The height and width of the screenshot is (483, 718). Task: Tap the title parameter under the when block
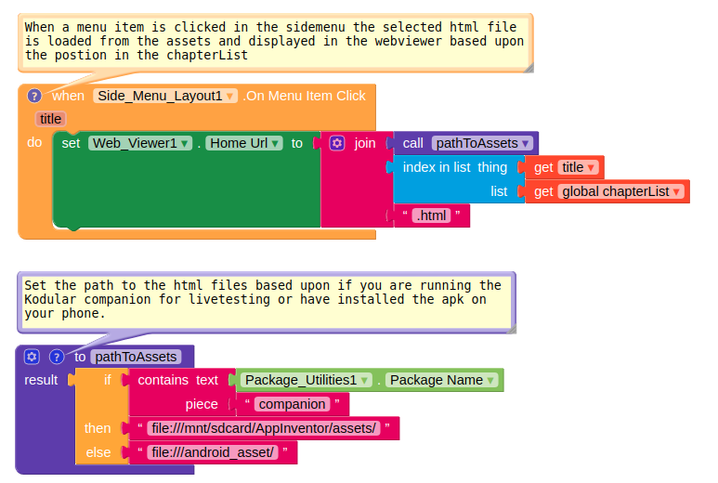[x=50, y=119]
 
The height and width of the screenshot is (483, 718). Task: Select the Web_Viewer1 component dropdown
[x=140, y=143]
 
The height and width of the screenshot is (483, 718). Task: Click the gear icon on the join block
[x=337, y=143]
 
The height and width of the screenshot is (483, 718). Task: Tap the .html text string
[x=431, y=215]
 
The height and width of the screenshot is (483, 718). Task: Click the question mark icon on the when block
[x=34, y=96]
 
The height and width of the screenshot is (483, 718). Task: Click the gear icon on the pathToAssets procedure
[x=32, y=357]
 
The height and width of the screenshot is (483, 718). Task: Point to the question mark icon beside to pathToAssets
[x=56, y=357]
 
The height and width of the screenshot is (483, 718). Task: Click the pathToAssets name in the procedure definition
[x=135, y=357]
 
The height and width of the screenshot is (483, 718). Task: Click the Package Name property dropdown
[x=442, y=380]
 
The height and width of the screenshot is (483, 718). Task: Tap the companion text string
[x=293, y=404]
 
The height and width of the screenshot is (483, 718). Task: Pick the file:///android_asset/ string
[x=212, y=452]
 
